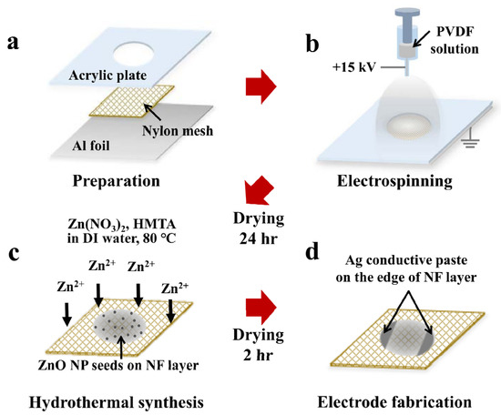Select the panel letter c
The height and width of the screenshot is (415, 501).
tap(16, 252)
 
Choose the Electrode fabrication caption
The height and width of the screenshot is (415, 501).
tap(395, 399)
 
